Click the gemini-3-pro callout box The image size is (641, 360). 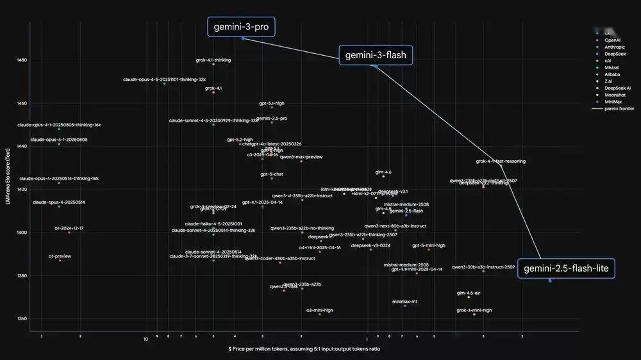[241, 26]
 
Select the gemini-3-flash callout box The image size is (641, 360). [376, 55]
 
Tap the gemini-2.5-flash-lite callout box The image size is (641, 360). [566, 268]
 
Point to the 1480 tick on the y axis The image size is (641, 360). [22, 60]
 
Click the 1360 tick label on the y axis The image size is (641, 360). [22, 318]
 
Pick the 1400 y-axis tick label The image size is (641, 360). [22, 233]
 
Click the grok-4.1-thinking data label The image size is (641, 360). [213, 60]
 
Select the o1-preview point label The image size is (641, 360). [60, 256]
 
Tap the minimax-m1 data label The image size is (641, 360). [405, 301]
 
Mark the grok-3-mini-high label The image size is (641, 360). [474, 310]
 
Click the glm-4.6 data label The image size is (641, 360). [383, 172]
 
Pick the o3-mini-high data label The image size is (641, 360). [320, 310]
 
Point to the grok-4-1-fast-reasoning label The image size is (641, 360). [501, 161]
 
